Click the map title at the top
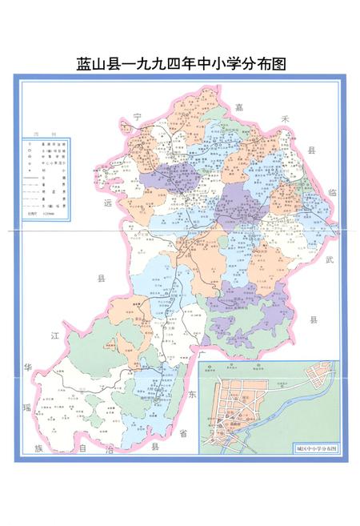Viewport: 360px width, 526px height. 180,63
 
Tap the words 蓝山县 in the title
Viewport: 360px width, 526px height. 96,63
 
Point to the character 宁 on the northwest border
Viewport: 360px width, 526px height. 137,118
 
